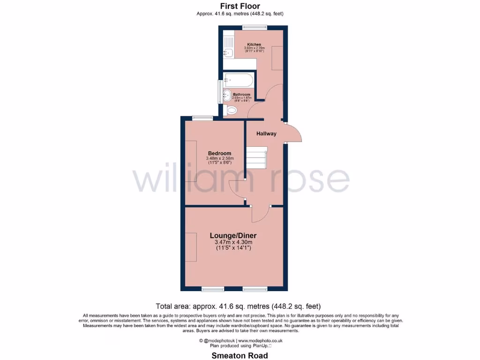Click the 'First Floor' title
pos(240,6)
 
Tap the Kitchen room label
pos(254,45)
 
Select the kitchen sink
pos(228,53)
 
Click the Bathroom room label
pos(241,95)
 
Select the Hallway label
pos(266,134)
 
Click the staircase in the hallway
pos(256,157)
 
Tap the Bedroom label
pos(220,153)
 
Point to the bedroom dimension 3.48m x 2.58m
pos(220,159)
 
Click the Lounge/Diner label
pos(233,235)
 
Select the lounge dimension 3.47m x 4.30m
pos(233,242)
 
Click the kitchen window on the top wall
pos(251,27)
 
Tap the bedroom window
pos(202,117)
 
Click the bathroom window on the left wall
pos(219,91)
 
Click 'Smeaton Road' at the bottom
pos(240,355)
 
